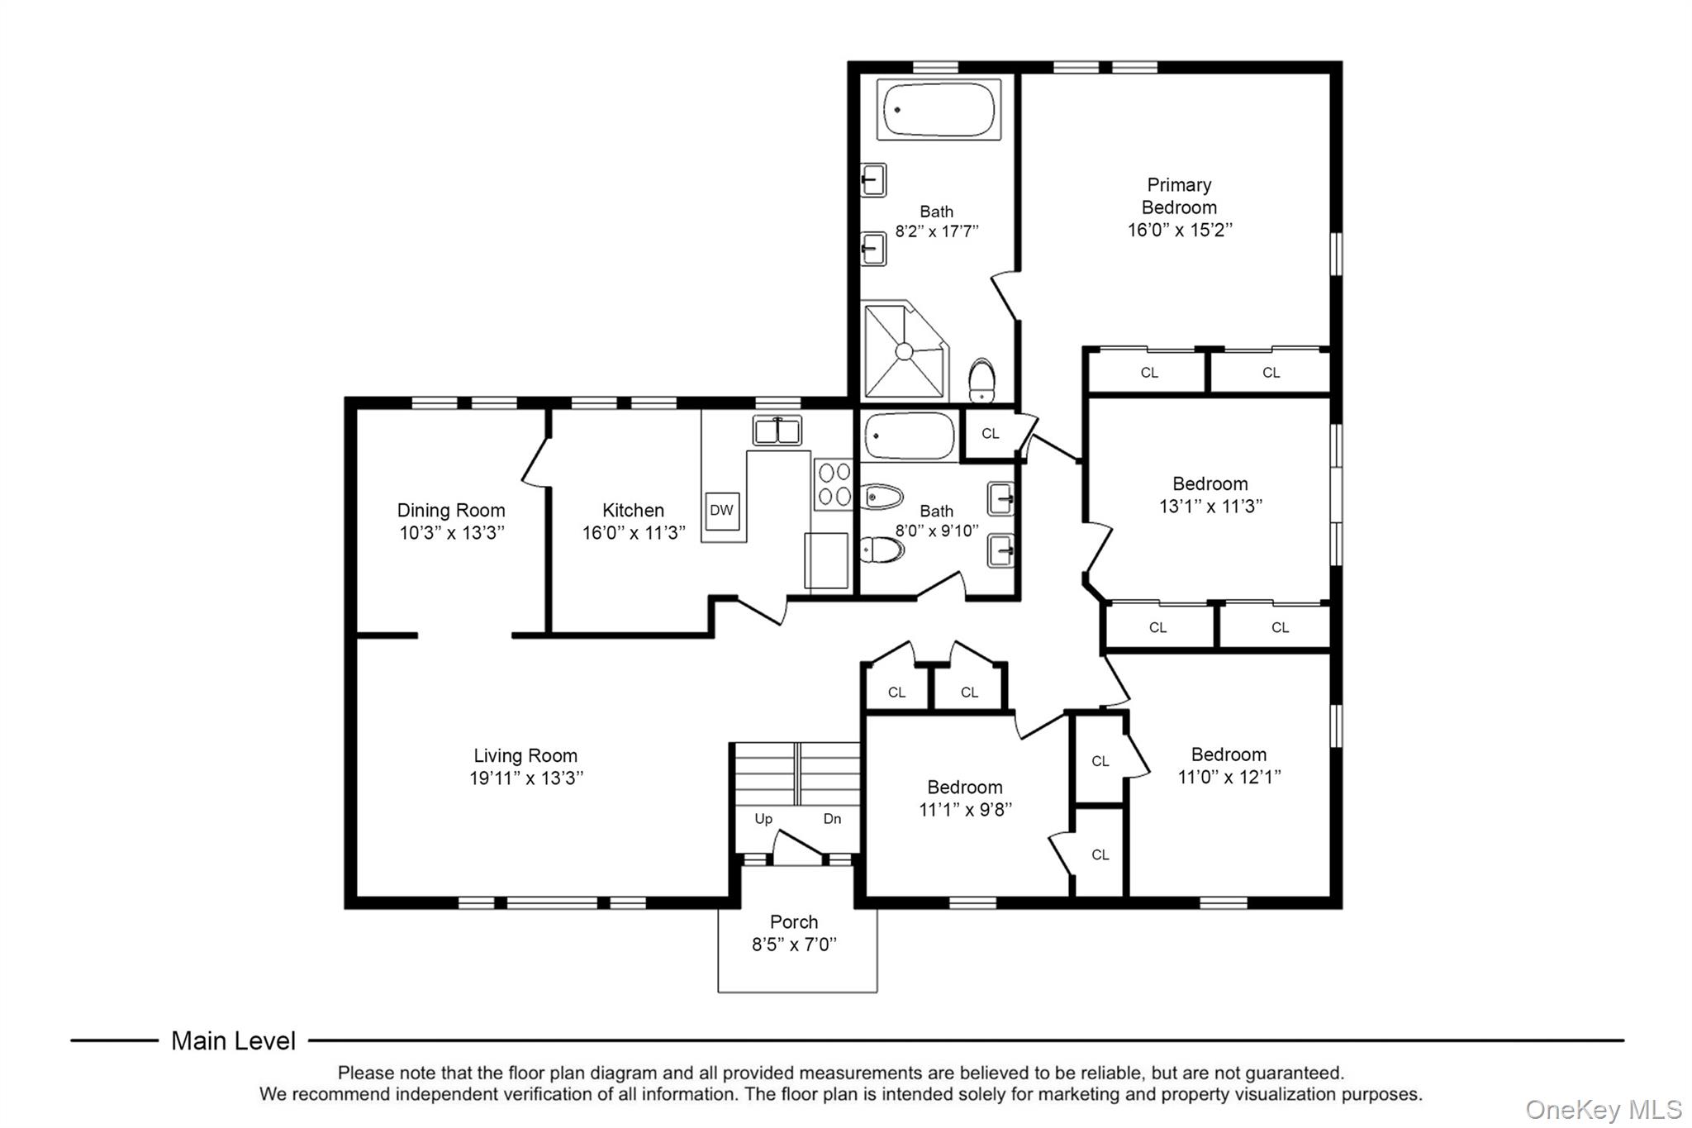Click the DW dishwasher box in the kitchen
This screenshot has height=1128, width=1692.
[721, 511]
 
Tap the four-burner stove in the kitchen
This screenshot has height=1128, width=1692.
[833, 483]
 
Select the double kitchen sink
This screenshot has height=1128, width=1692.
[777, 431]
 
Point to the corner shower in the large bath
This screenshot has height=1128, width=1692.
[904, 350]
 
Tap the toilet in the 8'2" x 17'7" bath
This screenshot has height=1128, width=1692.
[982, 379]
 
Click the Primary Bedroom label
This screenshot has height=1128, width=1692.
[1179, 196]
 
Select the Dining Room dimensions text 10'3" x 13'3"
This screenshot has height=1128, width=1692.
[452, 533]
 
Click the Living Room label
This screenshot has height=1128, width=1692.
[525, 755]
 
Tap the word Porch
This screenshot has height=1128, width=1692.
[794, 921]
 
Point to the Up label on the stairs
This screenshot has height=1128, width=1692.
[763, 819]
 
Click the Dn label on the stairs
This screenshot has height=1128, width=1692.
[832, 819]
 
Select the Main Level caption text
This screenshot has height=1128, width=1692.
[233, 1040]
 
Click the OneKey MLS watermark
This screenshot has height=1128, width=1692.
[1603, 1109]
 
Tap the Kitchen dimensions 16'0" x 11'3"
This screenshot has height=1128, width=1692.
[634, 533]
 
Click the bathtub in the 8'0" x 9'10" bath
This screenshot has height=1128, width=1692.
[909, 435]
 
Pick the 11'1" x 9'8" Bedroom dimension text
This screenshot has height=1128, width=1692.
[965, 810]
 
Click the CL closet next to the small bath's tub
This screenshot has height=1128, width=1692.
[991, 433]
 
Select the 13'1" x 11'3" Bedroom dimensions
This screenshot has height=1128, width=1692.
[1210, 506]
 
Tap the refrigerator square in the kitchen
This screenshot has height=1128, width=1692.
[826, 560]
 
